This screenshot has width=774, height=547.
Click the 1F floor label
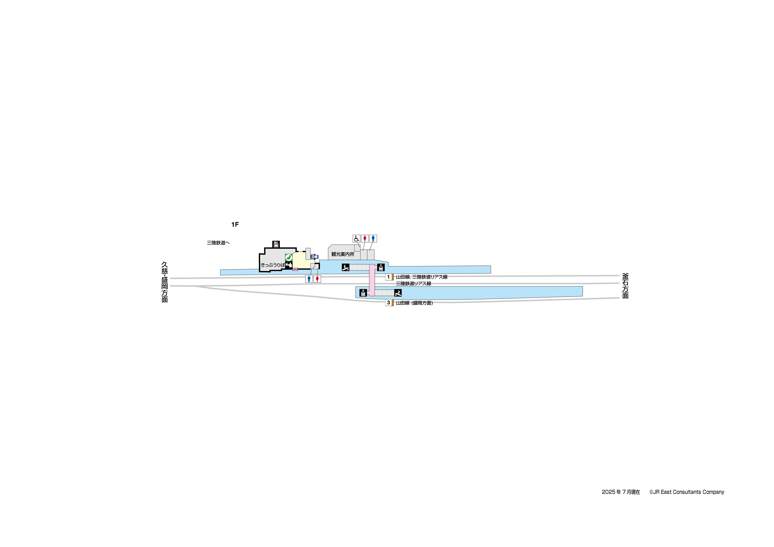pos(235,225)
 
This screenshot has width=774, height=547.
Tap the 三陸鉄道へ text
pos(218,243)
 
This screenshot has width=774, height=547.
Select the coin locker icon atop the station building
pos(276,244)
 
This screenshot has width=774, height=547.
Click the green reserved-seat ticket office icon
pos(289,257)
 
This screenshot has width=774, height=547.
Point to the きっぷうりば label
pos(272,265)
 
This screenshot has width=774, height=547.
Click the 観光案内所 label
pos(343,254)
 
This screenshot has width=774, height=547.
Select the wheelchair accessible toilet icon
pos(356,239)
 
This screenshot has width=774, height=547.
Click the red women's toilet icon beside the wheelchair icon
pos(365,239)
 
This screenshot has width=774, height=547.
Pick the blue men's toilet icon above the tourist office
pos(373,239)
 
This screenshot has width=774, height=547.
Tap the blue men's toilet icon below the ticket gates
pos(309,279)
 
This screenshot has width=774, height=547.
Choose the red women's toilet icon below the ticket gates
pos(317,279)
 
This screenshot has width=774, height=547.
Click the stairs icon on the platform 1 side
pos(345,267)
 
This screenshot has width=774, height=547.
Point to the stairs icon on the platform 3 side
pos(398,293)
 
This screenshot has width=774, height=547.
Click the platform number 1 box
pos(388,277)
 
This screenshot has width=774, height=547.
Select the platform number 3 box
pos(388,303)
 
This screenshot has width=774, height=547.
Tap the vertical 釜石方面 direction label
pos(625,286)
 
